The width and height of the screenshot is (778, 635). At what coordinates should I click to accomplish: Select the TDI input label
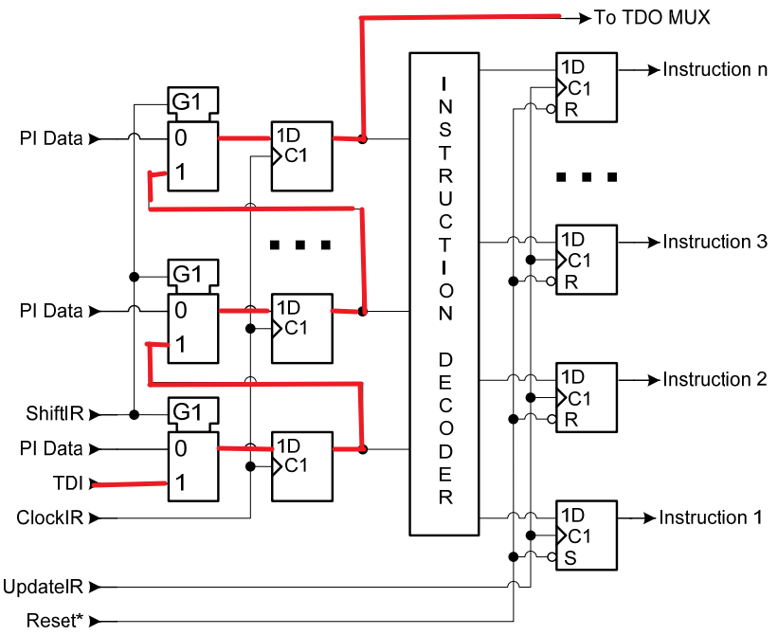69,483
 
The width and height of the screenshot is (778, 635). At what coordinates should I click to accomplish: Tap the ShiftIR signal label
56,414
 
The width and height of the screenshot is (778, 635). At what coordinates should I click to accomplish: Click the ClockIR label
50,518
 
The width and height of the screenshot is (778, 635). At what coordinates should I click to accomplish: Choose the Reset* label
54,621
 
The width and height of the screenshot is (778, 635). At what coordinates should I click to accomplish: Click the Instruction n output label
715,69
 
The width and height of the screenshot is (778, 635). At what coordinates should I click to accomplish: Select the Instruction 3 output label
715,242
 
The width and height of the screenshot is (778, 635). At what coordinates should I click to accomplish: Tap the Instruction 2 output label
715,379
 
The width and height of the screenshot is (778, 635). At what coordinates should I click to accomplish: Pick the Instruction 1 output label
711,517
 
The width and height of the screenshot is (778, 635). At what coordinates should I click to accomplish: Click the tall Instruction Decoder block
444,294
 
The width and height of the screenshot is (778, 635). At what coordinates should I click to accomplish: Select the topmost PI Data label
50,138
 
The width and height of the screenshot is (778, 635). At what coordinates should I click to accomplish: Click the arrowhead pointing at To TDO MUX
583,16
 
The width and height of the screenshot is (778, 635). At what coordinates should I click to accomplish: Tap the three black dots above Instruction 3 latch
587,177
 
